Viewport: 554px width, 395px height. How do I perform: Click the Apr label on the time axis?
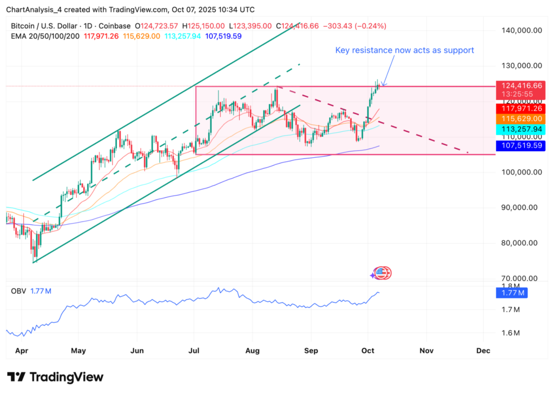pos(21,350)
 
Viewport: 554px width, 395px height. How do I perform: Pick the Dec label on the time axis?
pos(483,350)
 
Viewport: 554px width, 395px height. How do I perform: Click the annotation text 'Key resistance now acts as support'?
pos(405,50)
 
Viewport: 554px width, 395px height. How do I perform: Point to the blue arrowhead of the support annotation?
pos(382,84)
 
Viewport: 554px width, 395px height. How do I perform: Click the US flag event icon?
pos(382,273)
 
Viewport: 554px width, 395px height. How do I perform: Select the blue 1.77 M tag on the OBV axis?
pos(511,293)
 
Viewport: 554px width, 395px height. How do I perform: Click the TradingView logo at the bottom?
pos(55,377)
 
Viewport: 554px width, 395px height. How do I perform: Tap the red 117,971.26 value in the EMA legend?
pos(106,36)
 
